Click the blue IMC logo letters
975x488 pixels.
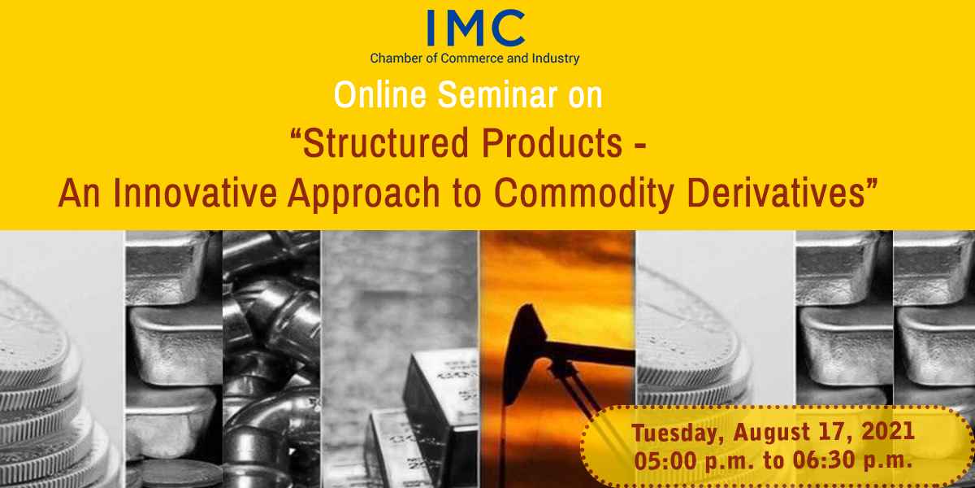pyautogui.click(x=476, y=28)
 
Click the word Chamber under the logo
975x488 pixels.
pyautogui.click(x=390, y=59)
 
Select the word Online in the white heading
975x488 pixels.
pyautogui.click(x=380, y=94)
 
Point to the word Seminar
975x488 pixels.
pyautogui.click(x=497, y=94)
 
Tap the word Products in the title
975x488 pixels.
pyautogui.click(x=552, y=143)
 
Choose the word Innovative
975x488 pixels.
pyautogui.click(x=195, y=193)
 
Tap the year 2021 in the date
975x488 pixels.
pyautogui.click(x=888, y=431)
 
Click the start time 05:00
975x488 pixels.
pyautogui.click(x=665, y=460)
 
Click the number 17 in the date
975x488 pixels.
pyautogui.click(x=833, y=432)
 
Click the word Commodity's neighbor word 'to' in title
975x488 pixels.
pyautogui.click(x=466, y=194)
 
